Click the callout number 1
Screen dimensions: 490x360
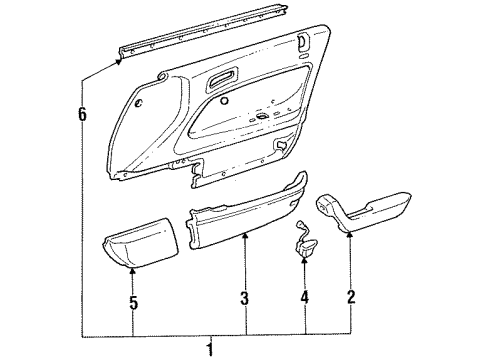[x=210, y=350]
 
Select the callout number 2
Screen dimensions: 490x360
[x=351, y=297]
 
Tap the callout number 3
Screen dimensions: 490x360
[x=245, y=299]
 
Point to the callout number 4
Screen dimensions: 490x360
[x=304, y=297]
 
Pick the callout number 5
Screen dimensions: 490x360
[x=133, y=303]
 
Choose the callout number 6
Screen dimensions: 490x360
[x=82, y=114]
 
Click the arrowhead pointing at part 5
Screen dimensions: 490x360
[x=132, y=272]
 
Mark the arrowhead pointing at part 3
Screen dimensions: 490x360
[x=245, y=236]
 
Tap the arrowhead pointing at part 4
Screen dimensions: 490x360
[x=304, y=260]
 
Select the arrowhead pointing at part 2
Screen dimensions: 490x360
[x=350, y=235]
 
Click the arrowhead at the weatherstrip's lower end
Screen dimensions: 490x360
[x=118, y=62]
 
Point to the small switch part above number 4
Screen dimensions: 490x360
[x=303, y=241]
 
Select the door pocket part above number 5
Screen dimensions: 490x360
[x=140, y=244]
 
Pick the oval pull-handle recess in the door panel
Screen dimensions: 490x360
[x=222, y=79]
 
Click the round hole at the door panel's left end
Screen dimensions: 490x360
[x=139, y=103]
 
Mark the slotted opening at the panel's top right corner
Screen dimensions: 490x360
[x=304, y=41]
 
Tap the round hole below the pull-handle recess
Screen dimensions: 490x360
[x=224, y=101]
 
